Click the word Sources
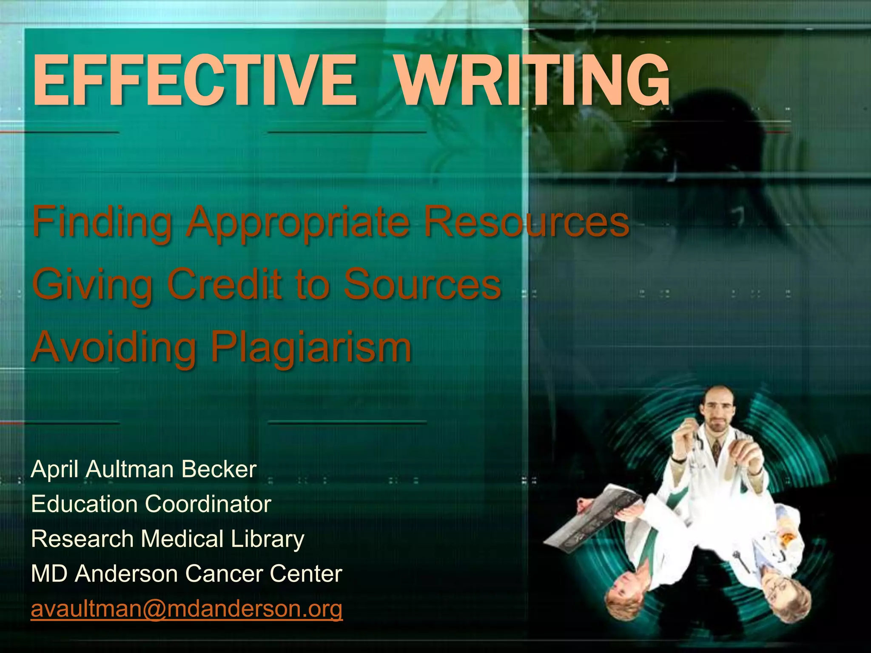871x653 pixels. (422, 284)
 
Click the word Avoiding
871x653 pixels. (114, 346)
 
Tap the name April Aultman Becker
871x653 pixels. (144, 469)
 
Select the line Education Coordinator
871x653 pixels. (151, 504)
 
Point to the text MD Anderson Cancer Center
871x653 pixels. (186, 574)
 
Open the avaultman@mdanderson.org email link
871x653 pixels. (186, 609)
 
